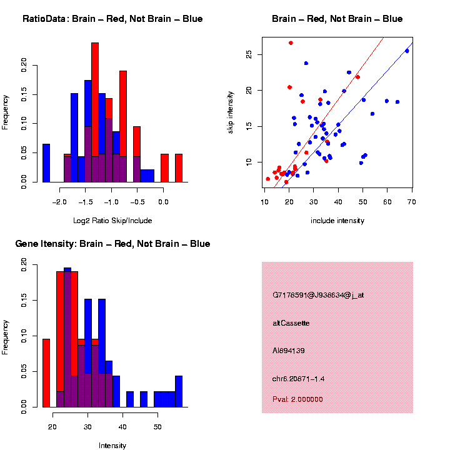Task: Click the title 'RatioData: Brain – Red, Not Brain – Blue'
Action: pyautogui.click(x=112, y=19)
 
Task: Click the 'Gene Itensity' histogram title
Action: pyautogui.click(x=112, y=244)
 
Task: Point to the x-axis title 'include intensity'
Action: pyautogui.click(x=337, y=221)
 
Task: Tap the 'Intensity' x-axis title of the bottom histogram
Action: pyautogui.click(x=112, y=446)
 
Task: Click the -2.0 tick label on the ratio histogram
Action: pyautogui.click(x=60, y=202)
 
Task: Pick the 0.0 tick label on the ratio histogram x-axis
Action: pyautogui.click(x=163, y=202)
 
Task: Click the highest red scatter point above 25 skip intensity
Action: pyautogui.click(x=291, y=43)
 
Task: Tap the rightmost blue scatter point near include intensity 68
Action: pyautogui.click(x=407, y=51)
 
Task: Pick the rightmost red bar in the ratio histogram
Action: pyautogui.click(x=179, y=168)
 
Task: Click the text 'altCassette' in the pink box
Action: pyautogui.click(x=291, y=323)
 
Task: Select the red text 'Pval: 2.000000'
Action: pyautogui.click(x=297, y=399)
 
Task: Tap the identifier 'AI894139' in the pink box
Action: pyautogui.click(x=289, y=351)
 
